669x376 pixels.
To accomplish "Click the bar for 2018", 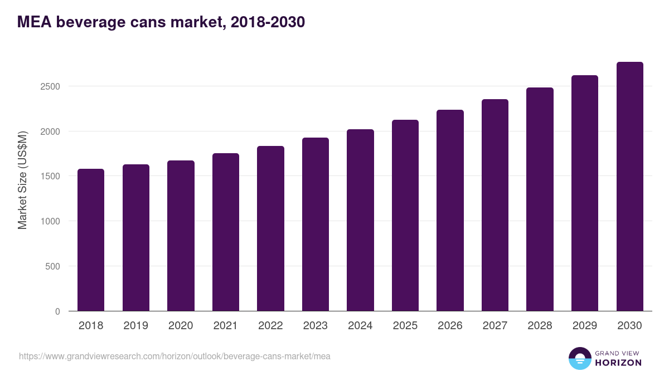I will [x=91, y=240].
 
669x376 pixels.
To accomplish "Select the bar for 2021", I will [x=225, y=232].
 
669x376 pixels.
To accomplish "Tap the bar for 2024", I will [x=360, y=220].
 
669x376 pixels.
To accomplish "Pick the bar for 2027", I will [x=495, y=205].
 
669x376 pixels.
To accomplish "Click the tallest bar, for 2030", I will [x=629, y=187].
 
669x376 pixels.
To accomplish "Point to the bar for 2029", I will [x=585, y=193].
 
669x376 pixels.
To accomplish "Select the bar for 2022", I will [x=270, y=228].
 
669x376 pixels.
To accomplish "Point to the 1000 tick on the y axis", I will [x=50, y=221].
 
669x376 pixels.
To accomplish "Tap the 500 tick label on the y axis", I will [x=52, y=266].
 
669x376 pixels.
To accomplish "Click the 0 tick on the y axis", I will [x=57, y=311].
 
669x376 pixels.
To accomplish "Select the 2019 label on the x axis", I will [x=135, y=326].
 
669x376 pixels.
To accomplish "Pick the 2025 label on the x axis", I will [x=405, y=326].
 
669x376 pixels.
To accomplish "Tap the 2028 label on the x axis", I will [x=540, y=326].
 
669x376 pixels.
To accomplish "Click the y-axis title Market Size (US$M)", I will [x=22, y=180].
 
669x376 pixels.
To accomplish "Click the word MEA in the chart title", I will [x=35, y=22].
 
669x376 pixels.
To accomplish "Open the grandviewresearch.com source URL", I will [x=174, y=356].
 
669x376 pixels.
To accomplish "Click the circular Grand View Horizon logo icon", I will [x=580, y=358].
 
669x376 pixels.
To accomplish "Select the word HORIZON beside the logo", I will [x=618, y=363].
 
